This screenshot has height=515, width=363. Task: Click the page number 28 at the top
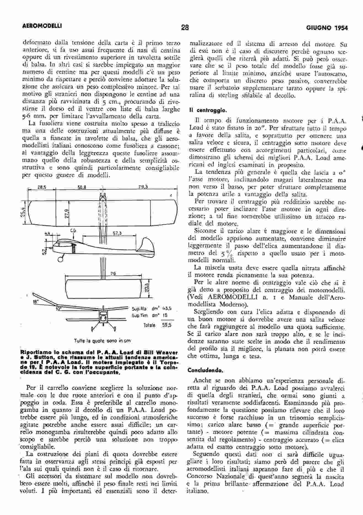coord(185,28)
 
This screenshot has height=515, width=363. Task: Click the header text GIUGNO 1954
coord(327,28)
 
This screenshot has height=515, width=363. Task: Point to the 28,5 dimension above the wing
coord(42,187)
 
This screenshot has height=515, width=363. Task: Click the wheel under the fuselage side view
coord(60,259)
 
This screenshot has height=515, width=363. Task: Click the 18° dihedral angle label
coord(35,301)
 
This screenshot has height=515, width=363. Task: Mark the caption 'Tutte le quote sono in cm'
coord(103,341)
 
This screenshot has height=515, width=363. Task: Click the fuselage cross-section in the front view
coord(103,319)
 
